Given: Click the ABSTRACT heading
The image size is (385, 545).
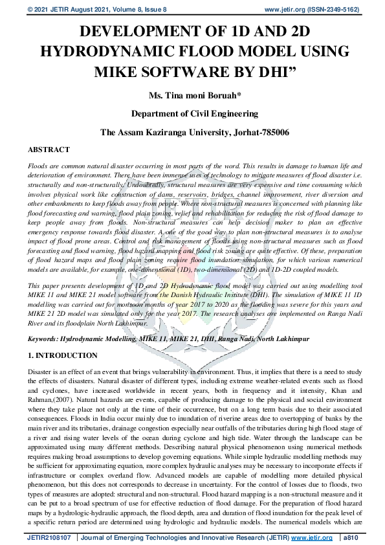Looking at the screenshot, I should pos(49,150).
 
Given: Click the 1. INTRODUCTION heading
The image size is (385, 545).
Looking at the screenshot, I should pos(63,356).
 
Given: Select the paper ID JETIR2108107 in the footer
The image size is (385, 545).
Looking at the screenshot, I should pos(50,537).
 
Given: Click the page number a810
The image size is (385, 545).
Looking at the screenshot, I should pos(352,537).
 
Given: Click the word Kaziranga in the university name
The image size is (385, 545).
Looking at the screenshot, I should pos(168,132).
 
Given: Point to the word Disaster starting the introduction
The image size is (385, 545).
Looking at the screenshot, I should pos(41,373).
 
